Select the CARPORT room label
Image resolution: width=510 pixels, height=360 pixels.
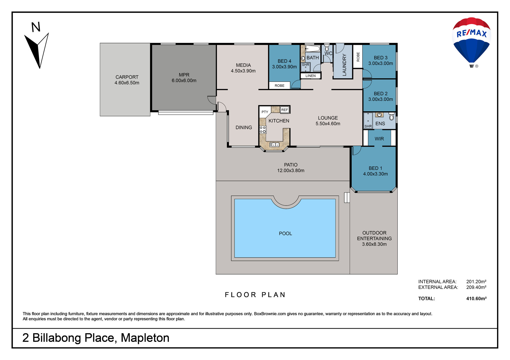pos(127,77)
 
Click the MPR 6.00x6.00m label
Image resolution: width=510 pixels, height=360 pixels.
pos(184,77)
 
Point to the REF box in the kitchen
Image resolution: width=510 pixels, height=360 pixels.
pos(284,110)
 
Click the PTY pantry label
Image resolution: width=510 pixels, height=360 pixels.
pos(265,112)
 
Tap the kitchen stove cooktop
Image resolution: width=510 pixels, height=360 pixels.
pos(263,130)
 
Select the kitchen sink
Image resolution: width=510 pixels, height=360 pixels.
pos(274,144)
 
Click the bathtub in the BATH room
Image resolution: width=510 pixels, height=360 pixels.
pos(313,48)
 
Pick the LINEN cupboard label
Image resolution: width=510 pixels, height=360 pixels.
pos(310,76)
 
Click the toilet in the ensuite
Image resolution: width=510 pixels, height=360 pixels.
pos(391,116)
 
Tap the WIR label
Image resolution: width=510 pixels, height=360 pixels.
pos(379,139)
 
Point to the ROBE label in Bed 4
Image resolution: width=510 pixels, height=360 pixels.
pos(279,86)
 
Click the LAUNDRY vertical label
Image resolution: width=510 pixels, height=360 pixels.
pos(344,65)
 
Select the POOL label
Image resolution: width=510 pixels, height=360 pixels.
pos(285,233)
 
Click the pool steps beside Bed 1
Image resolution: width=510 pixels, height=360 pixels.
pos(347,197)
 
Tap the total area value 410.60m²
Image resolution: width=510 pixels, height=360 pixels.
pos(476,298)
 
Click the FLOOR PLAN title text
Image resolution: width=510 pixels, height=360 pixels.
pos(255,295)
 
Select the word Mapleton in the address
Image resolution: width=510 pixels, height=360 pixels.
pos(145,338)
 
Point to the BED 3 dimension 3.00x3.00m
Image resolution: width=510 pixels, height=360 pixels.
pos(380,63)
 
